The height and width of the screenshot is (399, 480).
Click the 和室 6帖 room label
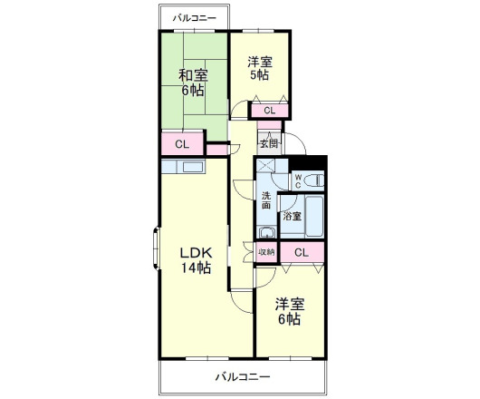[x=190, y=83]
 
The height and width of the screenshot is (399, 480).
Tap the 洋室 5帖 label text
[x=260, y=69]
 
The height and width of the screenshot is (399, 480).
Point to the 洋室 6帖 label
[x=290, y=311]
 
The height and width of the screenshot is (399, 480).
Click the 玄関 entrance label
[x=269, y=143]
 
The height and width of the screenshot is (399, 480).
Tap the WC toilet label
[x=298, y=179]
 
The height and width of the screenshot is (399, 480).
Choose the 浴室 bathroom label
[x=291, y=217]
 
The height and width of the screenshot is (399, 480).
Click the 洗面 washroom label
[x=266, y=201]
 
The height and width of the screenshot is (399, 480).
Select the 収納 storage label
[x=265, y=253]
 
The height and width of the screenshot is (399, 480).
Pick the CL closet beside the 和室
[x=182, y=144]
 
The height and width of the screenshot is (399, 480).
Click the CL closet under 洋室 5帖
[x=269, y=111]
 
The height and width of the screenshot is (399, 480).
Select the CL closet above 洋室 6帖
[x=302, y=253]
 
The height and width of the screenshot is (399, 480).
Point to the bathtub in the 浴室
[x=313, y=218]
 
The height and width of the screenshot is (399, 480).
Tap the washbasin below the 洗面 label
[x=265, y=232]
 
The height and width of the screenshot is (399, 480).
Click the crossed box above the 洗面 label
[x=267, y=167]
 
